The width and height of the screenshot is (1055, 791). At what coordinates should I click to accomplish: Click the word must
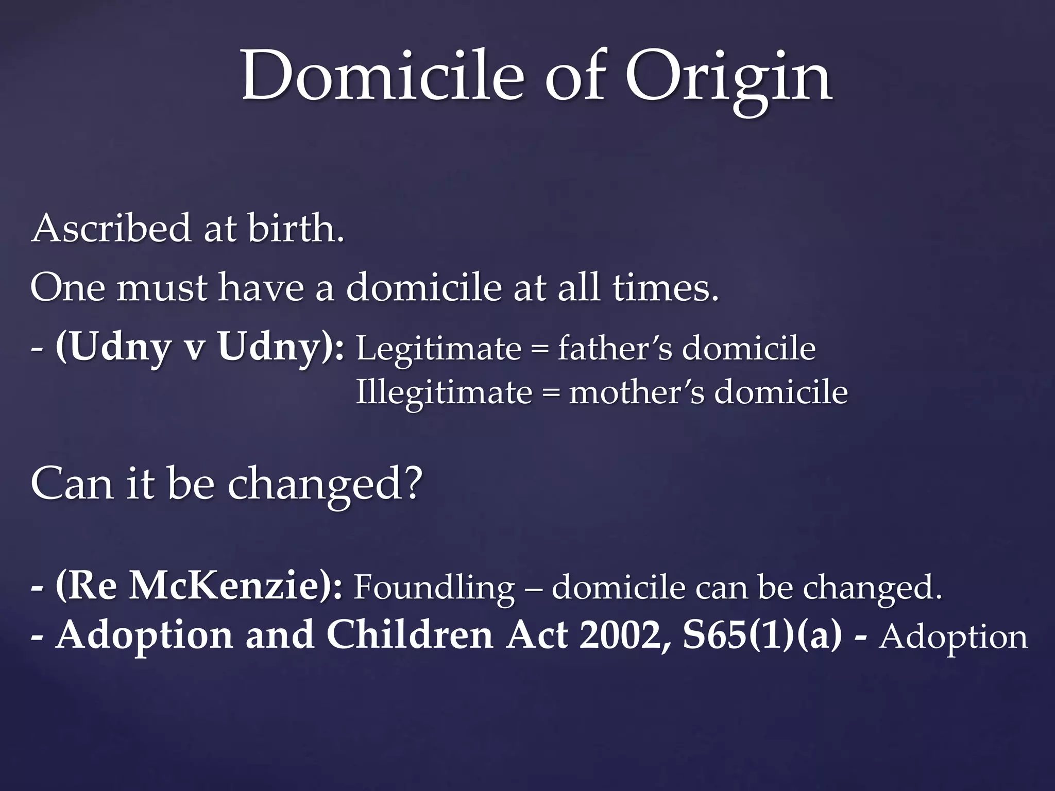[x=162, y=288]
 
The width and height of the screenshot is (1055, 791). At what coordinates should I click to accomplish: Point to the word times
[x=665, y=288]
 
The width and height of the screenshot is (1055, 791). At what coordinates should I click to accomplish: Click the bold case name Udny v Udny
[x=199, y=348]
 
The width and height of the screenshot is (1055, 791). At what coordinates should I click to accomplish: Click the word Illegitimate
[x=444, y=393]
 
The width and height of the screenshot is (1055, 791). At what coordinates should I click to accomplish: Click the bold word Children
[x=410, y=635]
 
